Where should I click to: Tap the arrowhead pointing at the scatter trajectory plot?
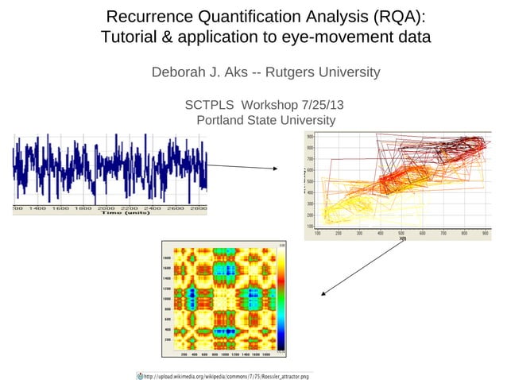point(274,169)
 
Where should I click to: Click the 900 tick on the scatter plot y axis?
point(309,137)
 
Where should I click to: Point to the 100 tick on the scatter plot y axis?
point(309,227)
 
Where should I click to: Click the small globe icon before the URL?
point(139,374)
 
